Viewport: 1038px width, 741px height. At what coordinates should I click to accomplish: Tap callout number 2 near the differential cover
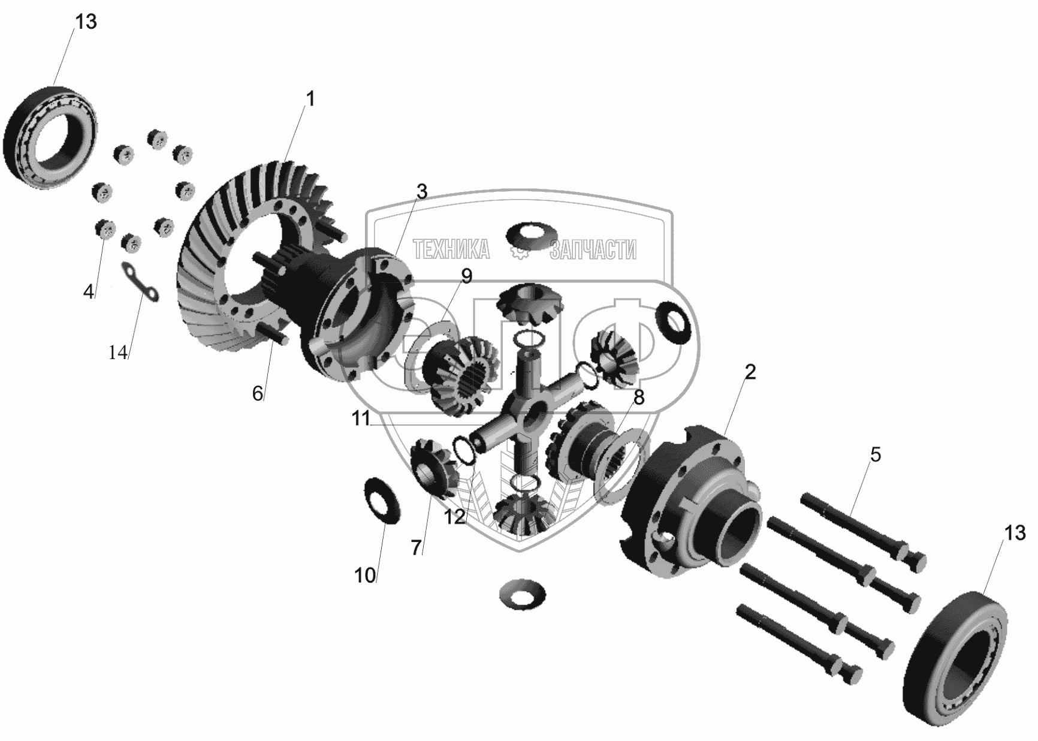tap(750, 372)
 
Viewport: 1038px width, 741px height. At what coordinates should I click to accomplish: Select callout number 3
tap(422, 192)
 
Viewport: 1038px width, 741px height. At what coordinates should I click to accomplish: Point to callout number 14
tap(119, 353)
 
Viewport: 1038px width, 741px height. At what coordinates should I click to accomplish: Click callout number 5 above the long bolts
tap(876, 455)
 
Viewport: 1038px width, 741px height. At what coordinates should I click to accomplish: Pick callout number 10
tap(365, 576)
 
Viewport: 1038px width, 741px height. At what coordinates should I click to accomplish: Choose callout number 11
tap(361, 418)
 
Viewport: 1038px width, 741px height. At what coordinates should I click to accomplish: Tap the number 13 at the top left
tap(86, 22)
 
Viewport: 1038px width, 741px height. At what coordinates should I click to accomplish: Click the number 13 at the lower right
tap(1015, 533)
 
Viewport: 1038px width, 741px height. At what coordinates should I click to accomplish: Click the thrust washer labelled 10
tap(382, 501)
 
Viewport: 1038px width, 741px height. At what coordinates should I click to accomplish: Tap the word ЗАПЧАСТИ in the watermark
tap(593, 250)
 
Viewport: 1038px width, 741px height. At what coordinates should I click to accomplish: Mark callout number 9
tap(466, 276)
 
